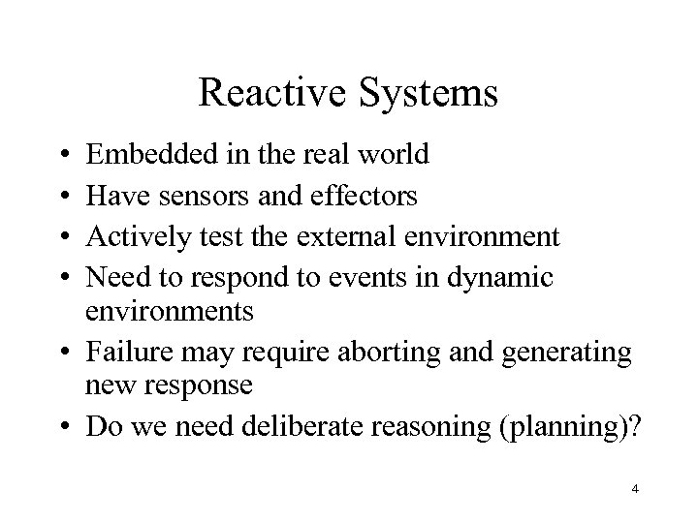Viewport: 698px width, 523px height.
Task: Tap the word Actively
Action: click(x=137, y=237)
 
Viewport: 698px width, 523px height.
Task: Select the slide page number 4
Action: click(x=634, y=490)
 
